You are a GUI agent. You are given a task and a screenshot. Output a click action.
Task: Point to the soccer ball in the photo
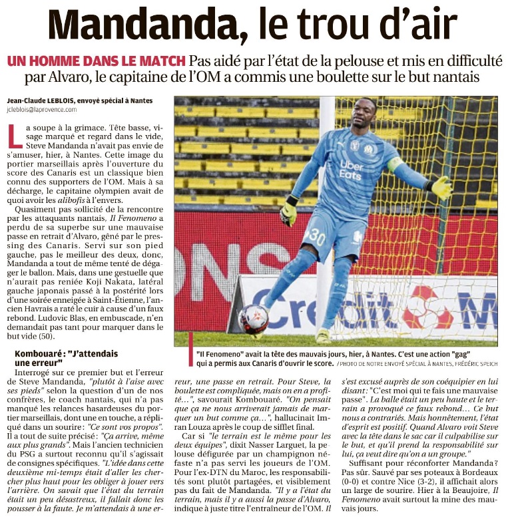pos(254,319)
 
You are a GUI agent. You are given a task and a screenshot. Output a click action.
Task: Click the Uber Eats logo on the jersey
pos(352,170)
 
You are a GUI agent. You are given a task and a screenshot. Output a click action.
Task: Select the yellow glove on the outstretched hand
pos(441,188)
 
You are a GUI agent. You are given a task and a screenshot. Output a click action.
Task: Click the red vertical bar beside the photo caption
pos(190,349)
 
